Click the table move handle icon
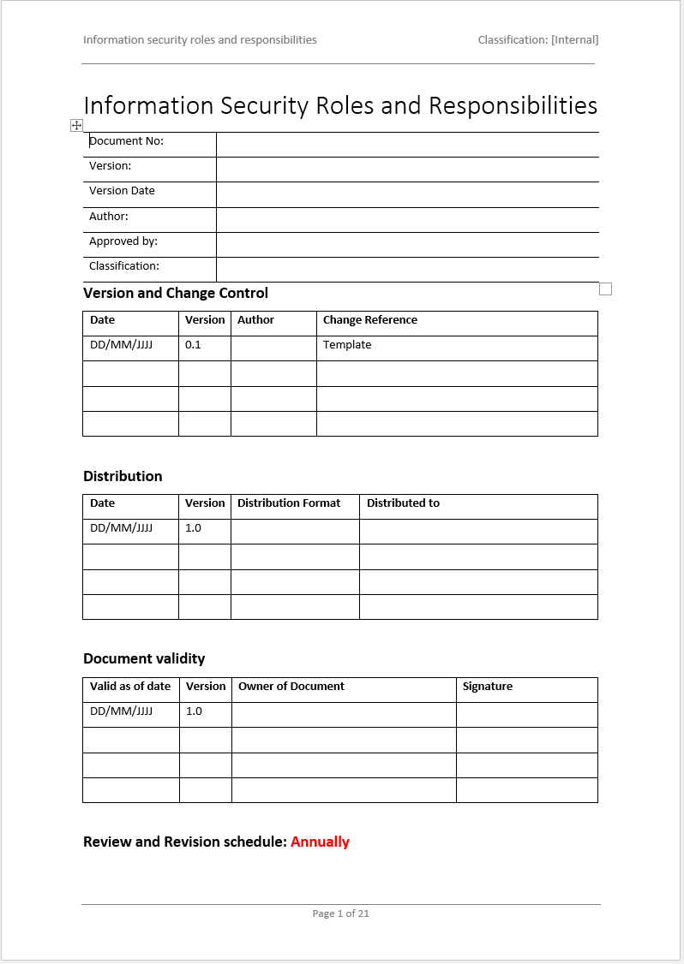[76, 126]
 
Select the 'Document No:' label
[127, 141]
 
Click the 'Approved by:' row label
[123, 241]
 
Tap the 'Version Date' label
[122, 191]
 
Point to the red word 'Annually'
[320, 842]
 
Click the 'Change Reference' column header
[370, 320]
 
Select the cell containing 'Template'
[347, 345]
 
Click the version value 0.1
[193, 345]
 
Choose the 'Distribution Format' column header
[289, 503]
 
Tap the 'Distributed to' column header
[403, 503]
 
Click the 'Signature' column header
[488, 687]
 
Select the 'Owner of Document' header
[291, 687]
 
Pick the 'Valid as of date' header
[130, 687]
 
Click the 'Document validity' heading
[144, 658]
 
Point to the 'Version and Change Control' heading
[176, 293]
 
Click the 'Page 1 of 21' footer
[341, 913]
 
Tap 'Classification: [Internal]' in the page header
[538, 39]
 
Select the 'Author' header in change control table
[255, 320]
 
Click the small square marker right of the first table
[605, 289]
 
